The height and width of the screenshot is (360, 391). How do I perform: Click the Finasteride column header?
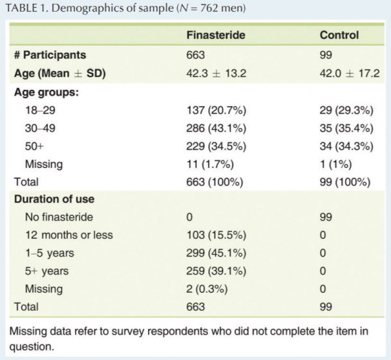coord(216,36)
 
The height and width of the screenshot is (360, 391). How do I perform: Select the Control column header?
coord(339,36)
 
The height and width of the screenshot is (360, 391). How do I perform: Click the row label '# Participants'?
coord(50,55)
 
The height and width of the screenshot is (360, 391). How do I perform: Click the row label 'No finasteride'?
coord(58,217)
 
